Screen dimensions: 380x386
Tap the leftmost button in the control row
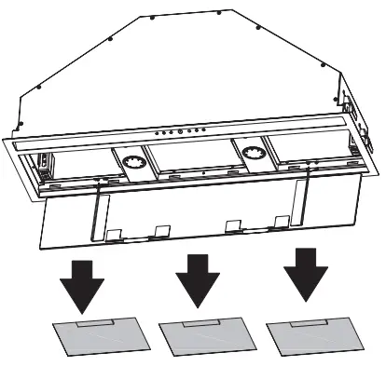pos(158,133)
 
